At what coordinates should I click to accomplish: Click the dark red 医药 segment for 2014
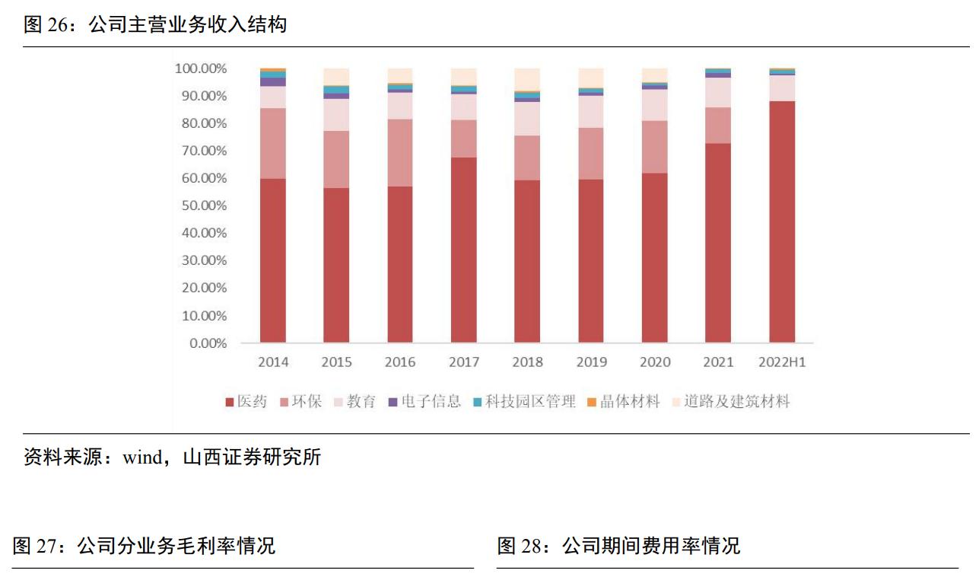pyautogui.click(x=272, y=260)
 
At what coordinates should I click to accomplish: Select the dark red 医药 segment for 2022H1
pyautogui.click(x=782, y=222)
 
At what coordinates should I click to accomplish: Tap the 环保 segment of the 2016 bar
pyautogui.click(x=400, y=152)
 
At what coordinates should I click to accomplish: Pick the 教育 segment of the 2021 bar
pyautogui.click(x=718, y=92)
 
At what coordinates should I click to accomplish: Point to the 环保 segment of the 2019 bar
pyautogui.click(x=591, y=153)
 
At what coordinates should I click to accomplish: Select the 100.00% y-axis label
pyautogui.click(x=201, y=69)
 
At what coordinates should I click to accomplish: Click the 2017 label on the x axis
pyautogui.click(x=464, y=362)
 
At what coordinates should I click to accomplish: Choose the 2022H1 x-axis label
pyautogui.click(x=782, y=362)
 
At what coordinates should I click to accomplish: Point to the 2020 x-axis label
pyautogui.click(x=655, y=362)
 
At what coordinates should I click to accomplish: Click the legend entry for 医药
pyautogui.click(x=246, y=402)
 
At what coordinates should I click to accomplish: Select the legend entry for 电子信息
pyautogui.click(x=424, y=402)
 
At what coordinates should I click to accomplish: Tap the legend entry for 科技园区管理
pyautogui.click(x=524, y=402)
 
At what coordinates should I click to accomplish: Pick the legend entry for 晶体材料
pyautogui.click(x=624, y=402)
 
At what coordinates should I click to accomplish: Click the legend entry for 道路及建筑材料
pyautogui.click(x=731, y=402)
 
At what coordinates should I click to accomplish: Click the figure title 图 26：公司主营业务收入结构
pyautogui.click(x=155, y=25)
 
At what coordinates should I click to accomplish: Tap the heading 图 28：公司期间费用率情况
pyautogui.click(x=618, y=546)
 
